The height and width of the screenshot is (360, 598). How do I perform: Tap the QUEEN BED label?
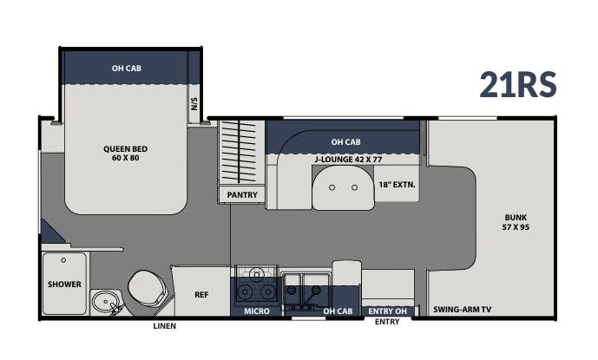point(125,148)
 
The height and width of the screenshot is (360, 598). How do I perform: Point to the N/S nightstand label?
point(194,106)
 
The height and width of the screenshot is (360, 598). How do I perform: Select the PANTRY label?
point(242,195)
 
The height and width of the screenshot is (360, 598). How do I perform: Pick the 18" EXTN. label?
point(398,185)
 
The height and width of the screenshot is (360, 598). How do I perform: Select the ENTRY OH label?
point(387,311)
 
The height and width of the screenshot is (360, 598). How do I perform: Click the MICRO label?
point(256,311)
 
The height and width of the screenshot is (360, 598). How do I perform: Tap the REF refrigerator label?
point(201,295)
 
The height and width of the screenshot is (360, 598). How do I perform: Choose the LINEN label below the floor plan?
point(164,327)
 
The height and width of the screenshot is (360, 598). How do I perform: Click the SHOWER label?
point(64,285)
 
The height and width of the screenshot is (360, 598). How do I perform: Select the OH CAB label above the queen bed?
point(127,69)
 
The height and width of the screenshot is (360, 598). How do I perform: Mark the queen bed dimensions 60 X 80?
point(125,159)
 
